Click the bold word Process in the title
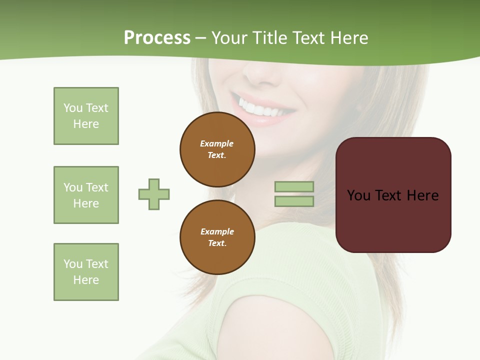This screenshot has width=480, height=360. [157, 38]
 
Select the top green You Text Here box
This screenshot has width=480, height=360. [86, 116]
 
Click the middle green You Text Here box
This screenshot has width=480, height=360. [86, 195]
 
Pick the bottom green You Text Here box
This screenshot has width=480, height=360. [86, 272]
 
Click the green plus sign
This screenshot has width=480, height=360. [154, 194]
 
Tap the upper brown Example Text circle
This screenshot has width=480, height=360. [217, 149]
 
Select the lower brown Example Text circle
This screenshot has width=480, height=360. [217, 237]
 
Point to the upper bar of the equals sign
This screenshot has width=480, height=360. [294, 187]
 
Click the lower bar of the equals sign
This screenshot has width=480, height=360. [294, 201]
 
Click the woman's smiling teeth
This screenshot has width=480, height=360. [260, 108]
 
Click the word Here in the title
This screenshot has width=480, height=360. [349, 38]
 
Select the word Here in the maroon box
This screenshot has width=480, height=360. [422, 195]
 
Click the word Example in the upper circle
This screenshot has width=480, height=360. [217, 143]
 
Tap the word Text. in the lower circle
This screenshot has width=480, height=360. [217, 243]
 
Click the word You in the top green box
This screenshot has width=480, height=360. [73, 108]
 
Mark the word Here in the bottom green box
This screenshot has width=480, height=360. [86, 280]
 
